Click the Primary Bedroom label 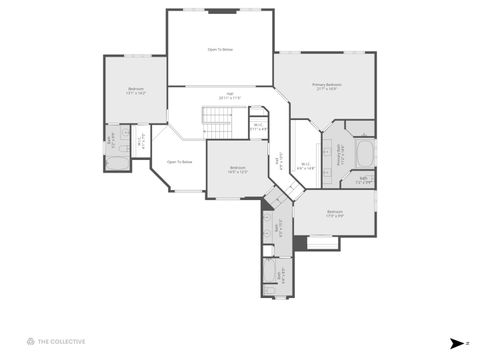(x=327, y=87)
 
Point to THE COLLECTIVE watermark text (x=62, y=341)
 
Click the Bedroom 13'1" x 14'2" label (x=136, y=91)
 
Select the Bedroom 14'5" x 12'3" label (x=238, y=169)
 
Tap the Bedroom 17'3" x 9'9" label (x=334, y=213)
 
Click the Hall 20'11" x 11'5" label (x=229, y=96)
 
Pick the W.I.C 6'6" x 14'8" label (x=305, y=165)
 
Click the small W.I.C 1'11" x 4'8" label (x=258, y=126)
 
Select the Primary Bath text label (x=340, y=157)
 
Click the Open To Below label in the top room (x=220, y=49)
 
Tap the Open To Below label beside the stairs (x=179, y=161)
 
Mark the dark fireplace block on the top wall (x=222, y=11)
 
